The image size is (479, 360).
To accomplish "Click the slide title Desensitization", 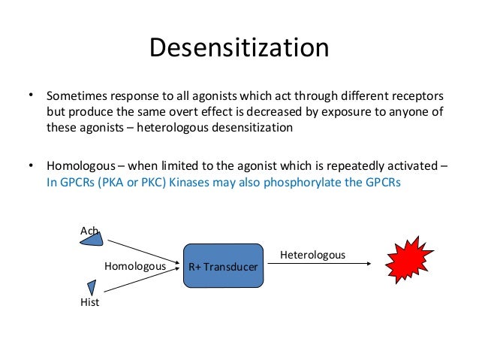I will tap(239, 48).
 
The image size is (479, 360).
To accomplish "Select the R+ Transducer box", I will tap(223, 265).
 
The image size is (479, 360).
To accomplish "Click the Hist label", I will tap(89, 302).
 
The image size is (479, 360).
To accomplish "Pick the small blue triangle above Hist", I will tap(92, 286).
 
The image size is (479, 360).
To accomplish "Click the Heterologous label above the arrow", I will tap(312, 256).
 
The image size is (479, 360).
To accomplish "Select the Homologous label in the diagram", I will tap(134, 265).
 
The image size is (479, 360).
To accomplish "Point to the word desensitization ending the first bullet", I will tap(249, 127).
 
